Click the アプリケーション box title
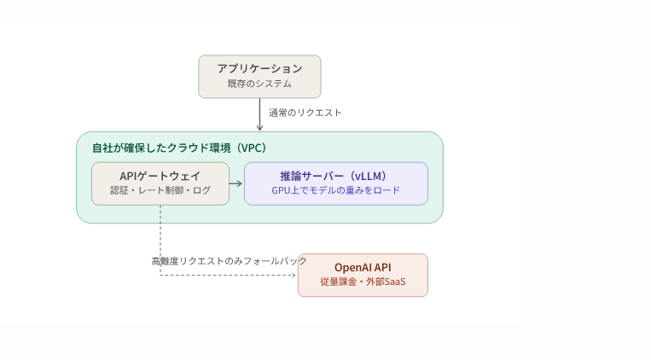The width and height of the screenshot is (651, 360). pos(260,68)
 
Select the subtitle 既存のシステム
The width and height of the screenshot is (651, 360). pos(260,84)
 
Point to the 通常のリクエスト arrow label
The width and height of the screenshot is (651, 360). pos(305,113)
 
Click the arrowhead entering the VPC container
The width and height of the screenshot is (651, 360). pos(260,128)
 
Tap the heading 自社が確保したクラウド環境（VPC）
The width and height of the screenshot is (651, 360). pos(179,148)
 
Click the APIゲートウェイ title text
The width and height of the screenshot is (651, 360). pos(160,176)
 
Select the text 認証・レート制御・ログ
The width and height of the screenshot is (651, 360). pos(160,190)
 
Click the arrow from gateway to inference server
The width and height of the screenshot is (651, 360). pos(235,183)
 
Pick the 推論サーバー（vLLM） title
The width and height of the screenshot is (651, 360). pos(336,176)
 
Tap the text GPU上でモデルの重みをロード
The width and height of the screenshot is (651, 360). pos(336,190)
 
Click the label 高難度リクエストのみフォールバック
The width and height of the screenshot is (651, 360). pos(230,261)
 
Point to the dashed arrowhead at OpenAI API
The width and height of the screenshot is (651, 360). pos(294,275)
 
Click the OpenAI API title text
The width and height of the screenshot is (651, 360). pos(363,267)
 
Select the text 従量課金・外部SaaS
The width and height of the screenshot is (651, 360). pos(363,282)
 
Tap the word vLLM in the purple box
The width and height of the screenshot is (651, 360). pos(370,176)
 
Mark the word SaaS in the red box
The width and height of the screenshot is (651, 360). pos(395,282)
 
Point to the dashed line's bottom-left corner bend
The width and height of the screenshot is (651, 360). pos(160,275)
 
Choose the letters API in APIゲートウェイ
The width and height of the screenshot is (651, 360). pos(128,176)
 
